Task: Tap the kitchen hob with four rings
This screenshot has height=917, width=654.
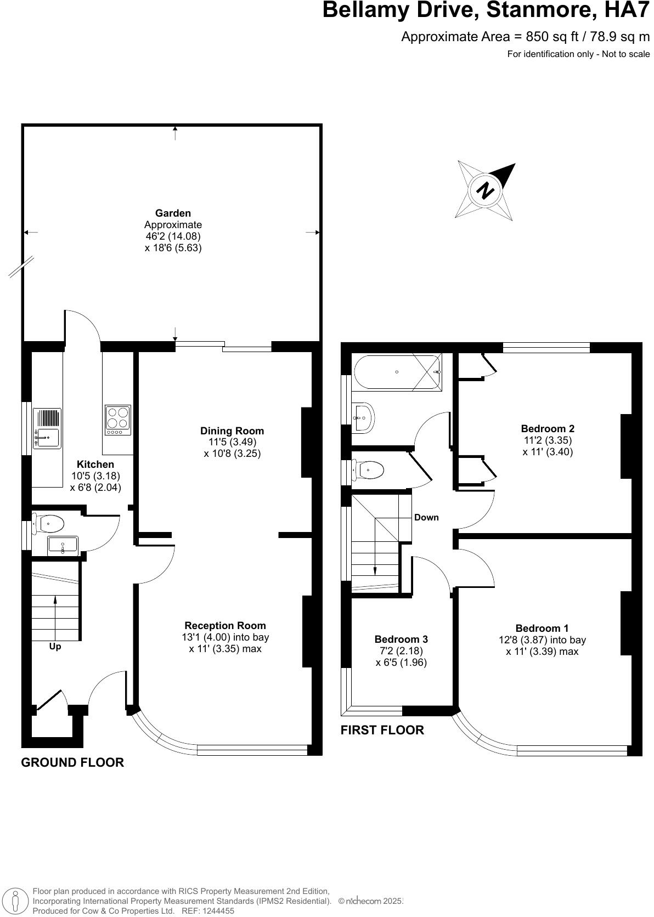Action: click(x=118, y=418)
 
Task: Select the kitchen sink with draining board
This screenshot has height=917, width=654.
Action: click(x=47, y=428)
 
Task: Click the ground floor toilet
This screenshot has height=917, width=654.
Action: click(x=49, y=523)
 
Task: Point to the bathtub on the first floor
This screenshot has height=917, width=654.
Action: click(x=397, y=372)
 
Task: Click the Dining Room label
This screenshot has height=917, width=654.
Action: click(x=232, y=431)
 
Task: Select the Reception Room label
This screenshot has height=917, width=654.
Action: click(x=225, y=625)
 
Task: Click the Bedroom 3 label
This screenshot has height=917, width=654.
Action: click(x=401, y=639)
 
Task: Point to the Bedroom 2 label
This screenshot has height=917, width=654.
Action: click(x=548, y=428)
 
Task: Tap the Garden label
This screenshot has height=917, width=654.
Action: click(x=173, y=213)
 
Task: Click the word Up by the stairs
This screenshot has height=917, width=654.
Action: click(x=55, y=646)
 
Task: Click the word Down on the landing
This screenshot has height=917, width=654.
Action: click(x=426, y=517)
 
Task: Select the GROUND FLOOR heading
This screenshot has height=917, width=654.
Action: click(x=72, y=762)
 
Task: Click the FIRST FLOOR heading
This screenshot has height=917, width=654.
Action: click(x=382, y=730)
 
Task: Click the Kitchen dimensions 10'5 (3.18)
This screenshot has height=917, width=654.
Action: click(x=95, y=476)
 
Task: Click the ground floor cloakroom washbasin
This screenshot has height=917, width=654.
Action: click(x=62, y=545)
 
